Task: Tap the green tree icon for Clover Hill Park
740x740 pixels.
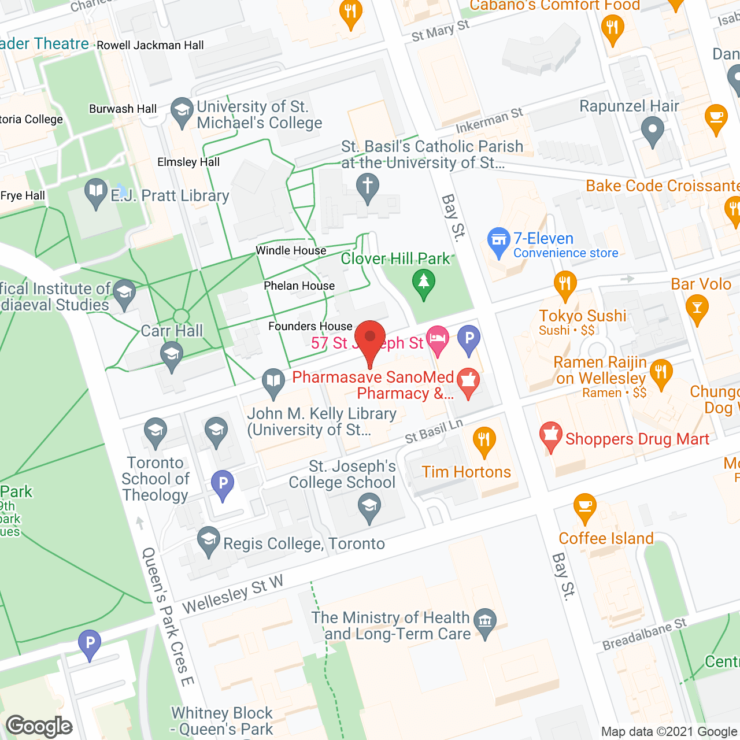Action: (424, 283)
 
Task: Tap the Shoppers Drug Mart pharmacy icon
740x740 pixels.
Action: (550, 435)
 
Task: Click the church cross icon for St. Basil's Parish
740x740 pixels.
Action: (368, 187)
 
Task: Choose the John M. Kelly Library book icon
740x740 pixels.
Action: (273, 382)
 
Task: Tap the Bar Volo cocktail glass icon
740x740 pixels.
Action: (697, 308)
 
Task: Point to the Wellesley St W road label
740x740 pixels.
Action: (232, 595)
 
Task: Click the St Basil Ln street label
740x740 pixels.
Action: (434, 431)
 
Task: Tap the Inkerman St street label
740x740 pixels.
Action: (489, 120)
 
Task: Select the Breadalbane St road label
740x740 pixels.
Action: (644, 634)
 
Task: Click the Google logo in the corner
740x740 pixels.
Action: (39, 726)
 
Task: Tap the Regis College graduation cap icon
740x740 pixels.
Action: (208, 540)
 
